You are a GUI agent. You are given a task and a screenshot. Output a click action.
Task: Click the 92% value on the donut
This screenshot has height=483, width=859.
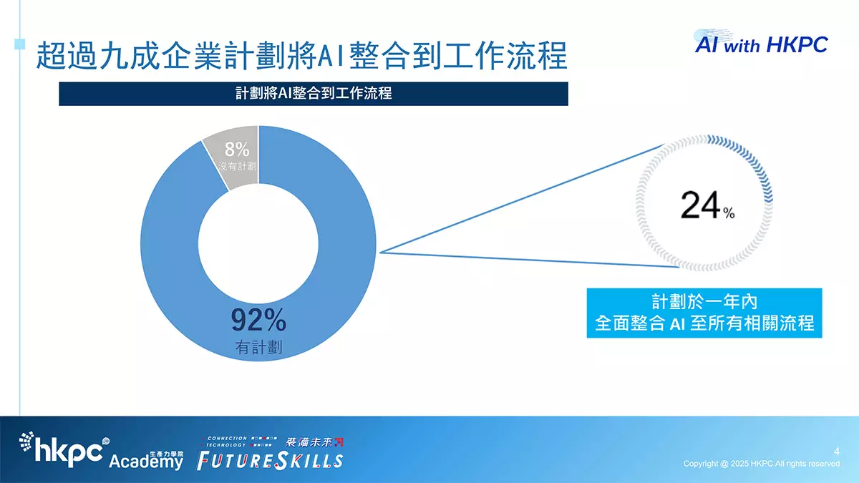(x=258, y=320)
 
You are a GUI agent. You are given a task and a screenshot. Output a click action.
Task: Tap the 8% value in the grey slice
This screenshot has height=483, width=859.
(x=237, y=149)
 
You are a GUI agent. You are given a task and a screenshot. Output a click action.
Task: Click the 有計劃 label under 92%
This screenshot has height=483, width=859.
(x=258, y=347)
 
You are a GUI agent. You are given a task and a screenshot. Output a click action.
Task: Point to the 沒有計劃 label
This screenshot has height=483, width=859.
(x=238, y=166)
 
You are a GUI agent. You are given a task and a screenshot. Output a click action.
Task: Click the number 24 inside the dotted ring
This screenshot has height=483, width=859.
(x=701, y=205)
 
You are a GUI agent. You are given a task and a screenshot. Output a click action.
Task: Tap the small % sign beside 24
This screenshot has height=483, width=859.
(x=729, y=213)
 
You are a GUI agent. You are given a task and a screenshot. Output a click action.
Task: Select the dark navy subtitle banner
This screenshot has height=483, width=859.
(x=314, y=94)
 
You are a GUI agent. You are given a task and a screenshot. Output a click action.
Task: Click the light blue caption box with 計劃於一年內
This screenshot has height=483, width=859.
(x=704, y=313)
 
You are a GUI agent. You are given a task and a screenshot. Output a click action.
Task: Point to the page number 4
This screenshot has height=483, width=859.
(x=836, y=452)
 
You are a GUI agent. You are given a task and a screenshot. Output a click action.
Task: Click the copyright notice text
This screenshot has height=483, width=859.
(x=761, y=464)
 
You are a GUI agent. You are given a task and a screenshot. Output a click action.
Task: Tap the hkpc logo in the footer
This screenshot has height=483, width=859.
(x=64, y=449)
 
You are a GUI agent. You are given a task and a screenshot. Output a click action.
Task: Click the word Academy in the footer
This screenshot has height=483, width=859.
(x=146, y=462)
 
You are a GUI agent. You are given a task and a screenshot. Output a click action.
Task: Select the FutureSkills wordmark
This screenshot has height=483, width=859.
(x=270, y=461)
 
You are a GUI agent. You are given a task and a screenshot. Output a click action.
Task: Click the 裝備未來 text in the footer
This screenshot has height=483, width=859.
(x=309, y=442)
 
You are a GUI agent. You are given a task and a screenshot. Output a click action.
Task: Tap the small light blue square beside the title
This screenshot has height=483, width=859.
(x=19, y=44)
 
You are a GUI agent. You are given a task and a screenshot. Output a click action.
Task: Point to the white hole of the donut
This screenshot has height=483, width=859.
(x=258, y=243)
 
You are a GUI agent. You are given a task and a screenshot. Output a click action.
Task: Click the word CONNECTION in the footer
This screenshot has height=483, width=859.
(x=227, y=438)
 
